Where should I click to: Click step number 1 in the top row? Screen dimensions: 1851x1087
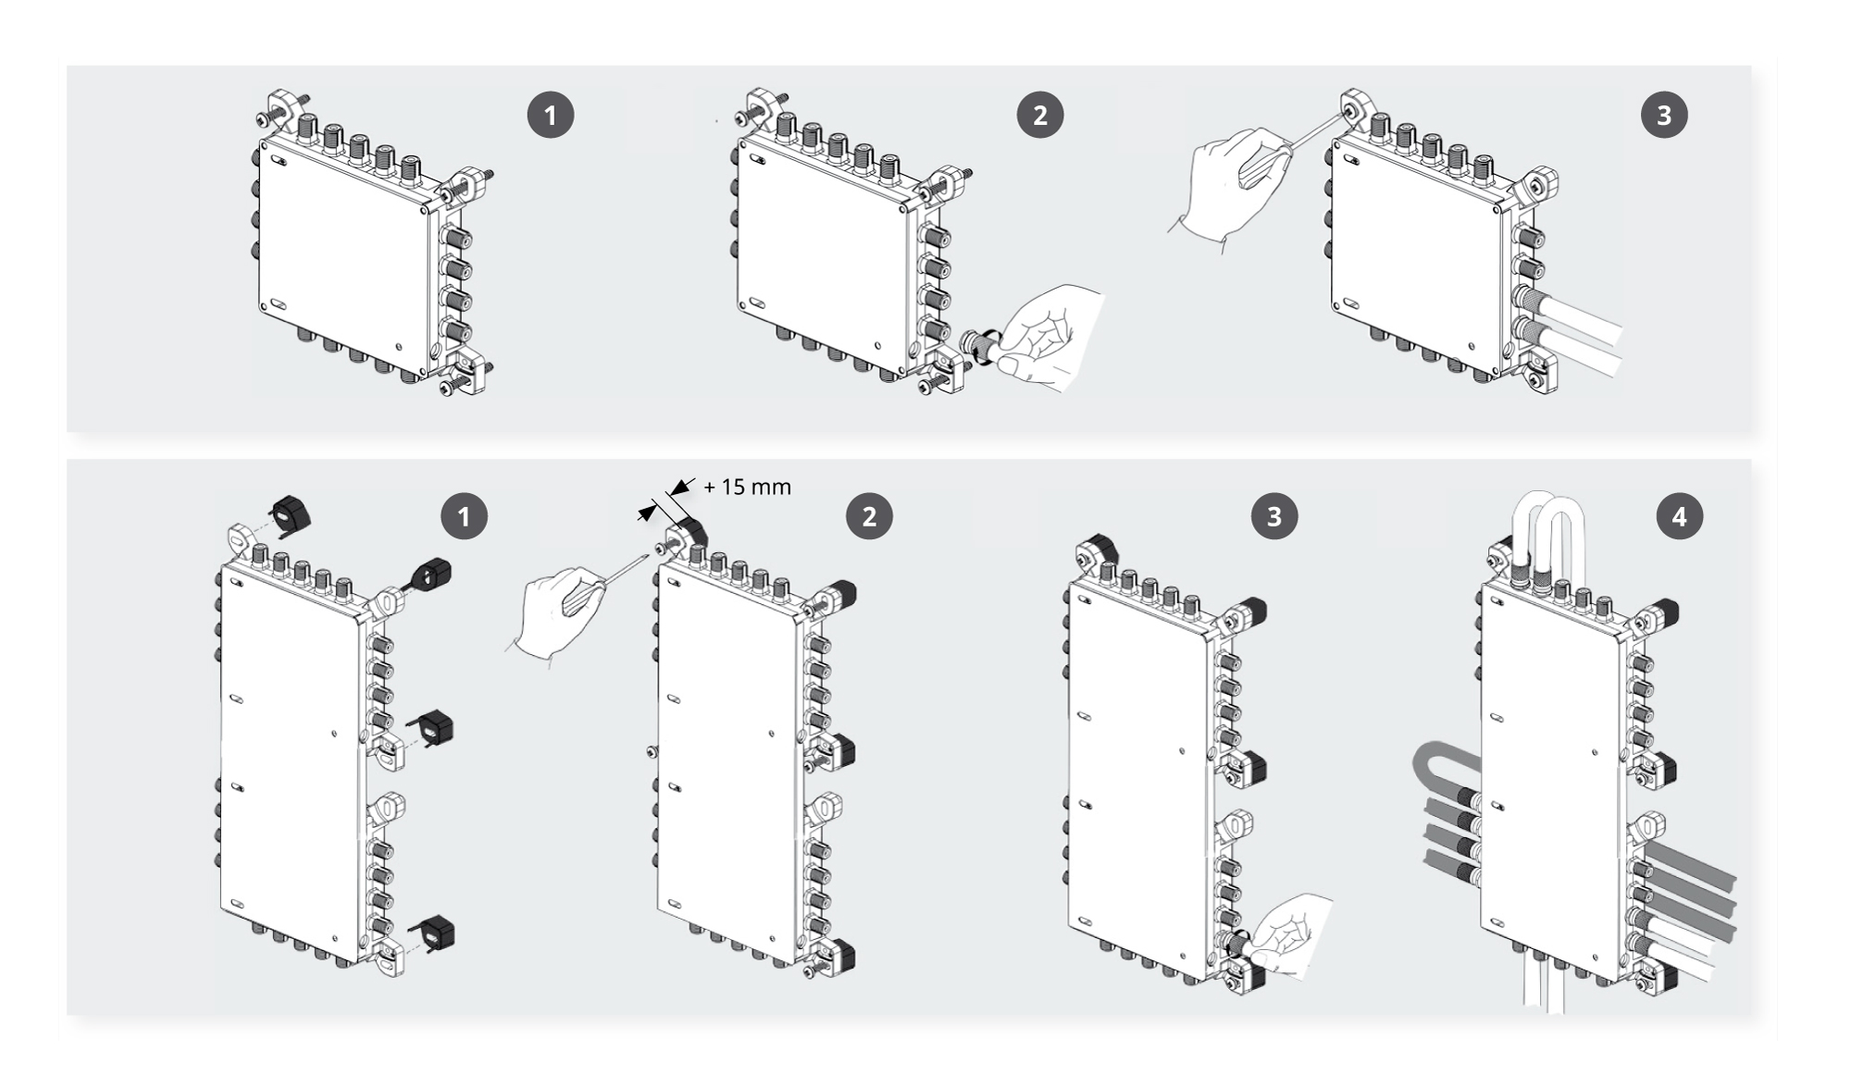coord(551,116)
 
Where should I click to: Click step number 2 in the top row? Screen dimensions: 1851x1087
coord(1040,116)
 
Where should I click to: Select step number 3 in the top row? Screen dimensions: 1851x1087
coord(1664,116)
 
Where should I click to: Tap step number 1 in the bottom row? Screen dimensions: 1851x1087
coord(464,516)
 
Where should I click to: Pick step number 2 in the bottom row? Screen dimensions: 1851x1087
coord(869,516)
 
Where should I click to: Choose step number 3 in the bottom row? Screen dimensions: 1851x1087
coord(1274,516)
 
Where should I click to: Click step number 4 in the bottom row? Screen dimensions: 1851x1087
coord(1679,516)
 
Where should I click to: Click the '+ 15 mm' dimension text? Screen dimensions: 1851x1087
coord(747,487)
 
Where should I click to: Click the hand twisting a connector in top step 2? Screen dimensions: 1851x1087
coord(1046,338)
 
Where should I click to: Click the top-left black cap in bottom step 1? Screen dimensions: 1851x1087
coord(290,512)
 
